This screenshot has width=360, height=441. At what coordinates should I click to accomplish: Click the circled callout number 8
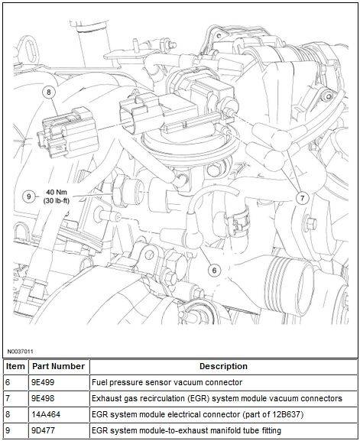pyautogui.click(x=49, y=92)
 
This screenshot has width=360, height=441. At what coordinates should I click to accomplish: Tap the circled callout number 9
pyautogui.click(x=29, y=196)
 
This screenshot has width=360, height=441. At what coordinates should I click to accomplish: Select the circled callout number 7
pyautogui.click(x=303, y=198)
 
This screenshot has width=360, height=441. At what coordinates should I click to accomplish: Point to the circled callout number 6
pyautogui.click(x=214, y=271)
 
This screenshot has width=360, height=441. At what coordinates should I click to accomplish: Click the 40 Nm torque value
pyautogui.click(x=57, y=193)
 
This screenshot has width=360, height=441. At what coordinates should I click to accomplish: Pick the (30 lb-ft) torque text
pyautogui.click(x=57, y=201)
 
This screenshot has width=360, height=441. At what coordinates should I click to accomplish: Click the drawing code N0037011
pyautogui.click(x=20, y=352)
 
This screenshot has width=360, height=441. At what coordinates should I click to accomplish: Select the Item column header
pyautogui.click(x=15, y=366)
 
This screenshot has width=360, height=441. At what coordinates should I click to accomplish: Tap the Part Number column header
pyautogui.click(x=59, y=366)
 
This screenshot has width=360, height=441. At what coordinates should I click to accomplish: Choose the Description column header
pyautogui.click(x=223, y=366)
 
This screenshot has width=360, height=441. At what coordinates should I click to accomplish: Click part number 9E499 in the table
pyautogui.click(x=43, y=382)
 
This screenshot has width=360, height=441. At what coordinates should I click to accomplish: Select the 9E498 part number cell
pyautogui.click(x=43, y=398)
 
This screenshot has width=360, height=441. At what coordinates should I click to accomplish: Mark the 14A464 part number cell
pyautogui.click(x=46, y=414)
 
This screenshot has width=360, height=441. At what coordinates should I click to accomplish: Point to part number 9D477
pyautogui.click(x=44, y=430)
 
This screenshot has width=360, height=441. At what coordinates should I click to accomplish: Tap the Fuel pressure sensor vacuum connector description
pyautogui.click(x=167, y=382)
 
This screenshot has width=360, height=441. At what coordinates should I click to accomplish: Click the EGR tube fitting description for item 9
pyautogui.click(x=186, y=430)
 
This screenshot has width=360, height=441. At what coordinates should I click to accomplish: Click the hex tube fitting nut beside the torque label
pyautogui.click(x=119, y=193)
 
